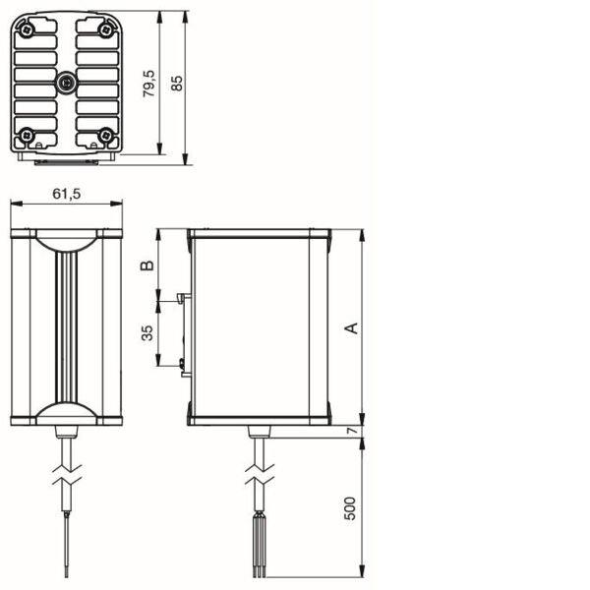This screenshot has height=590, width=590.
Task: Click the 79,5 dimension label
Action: (x=149, y=84)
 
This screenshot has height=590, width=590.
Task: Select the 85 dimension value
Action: (x=176, y=84)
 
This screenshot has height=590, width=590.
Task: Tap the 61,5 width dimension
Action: (x=67, y=194)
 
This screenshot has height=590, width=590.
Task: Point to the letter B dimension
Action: (x=147, y=265)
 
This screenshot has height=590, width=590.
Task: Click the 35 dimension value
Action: (x=147, y=333)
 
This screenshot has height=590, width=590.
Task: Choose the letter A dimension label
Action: (x=352, y=328)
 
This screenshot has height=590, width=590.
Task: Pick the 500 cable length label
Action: (x=350, y=508)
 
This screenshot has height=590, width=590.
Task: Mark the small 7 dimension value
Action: (x=353, y=430)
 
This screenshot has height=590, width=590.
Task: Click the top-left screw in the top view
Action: (x=27, y=29)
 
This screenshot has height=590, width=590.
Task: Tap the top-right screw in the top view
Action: (x=106, y=29)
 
